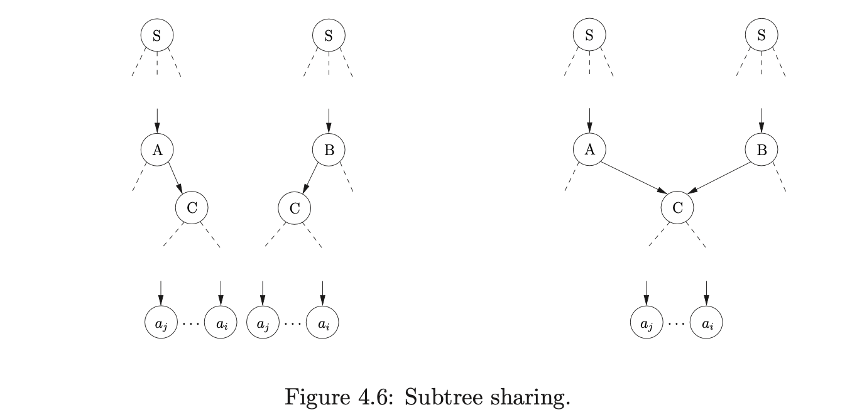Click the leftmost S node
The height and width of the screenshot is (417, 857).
point(156,36)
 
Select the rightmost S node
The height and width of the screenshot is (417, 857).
point(761,36)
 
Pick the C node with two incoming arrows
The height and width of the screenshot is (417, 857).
point(677,207)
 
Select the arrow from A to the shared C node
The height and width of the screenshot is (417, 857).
point(633,178)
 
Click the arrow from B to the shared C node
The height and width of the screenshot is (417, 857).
point(720,178)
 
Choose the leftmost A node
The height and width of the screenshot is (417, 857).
point(156,149)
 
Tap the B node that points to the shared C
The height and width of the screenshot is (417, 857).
point(761,149)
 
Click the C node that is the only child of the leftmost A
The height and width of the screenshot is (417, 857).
point(192,207)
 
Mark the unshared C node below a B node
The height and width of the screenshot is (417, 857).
point(294,207)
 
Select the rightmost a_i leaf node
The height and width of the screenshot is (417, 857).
point(706,324)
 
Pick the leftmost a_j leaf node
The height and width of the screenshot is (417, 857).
point(161,324)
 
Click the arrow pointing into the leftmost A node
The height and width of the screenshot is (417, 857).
point(156,120)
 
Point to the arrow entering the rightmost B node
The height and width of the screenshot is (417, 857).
point(761,120)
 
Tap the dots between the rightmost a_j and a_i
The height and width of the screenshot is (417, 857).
point(676,325)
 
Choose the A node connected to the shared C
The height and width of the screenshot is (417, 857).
point(589,149)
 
